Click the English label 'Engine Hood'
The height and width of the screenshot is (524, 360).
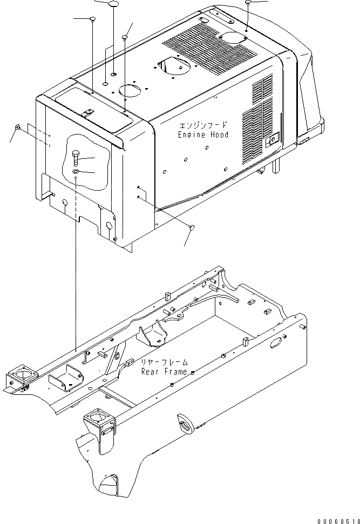tap(203, 135)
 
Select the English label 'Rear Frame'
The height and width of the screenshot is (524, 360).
tap(165, 372)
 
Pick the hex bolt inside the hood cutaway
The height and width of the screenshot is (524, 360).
tap(76, 158)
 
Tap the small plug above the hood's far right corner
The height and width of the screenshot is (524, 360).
tap(247, 3)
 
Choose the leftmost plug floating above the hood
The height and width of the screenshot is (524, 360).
tap(92, 19)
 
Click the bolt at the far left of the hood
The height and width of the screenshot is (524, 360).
tap(18, 127)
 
